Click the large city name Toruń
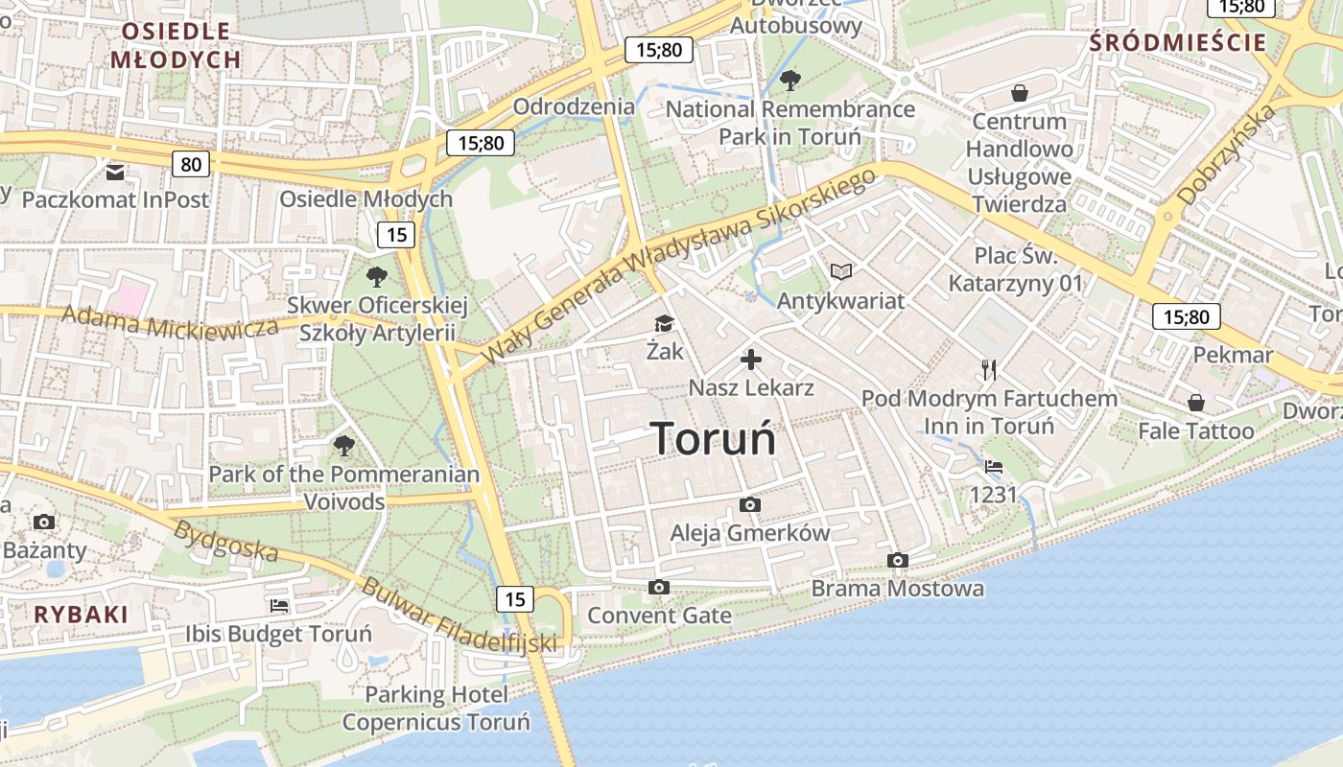pos(713,438)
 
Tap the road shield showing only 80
pos(191,164)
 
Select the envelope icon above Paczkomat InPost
pos(115,173)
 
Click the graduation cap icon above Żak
pos(664,323)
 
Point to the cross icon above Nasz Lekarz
pos(751,360)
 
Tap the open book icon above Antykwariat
pos(840,272)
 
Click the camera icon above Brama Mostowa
pos(898,560)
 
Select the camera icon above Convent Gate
pos(658,587)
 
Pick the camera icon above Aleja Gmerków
pos(750,504)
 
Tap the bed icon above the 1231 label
pos(994,467)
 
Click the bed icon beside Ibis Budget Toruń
pos(279,606)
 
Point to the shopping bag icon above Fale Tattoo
pos(1195,403)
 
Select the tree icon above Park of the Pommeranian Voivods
pos(343,445)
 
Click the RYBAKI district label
pos(81,615)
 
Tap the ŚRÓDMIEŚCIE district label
pos(1178,42)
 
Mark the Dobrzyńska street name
pos(1227,154)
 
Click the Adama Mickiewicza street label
pos(170,322)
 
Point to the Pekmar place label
pos(1233,355)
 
